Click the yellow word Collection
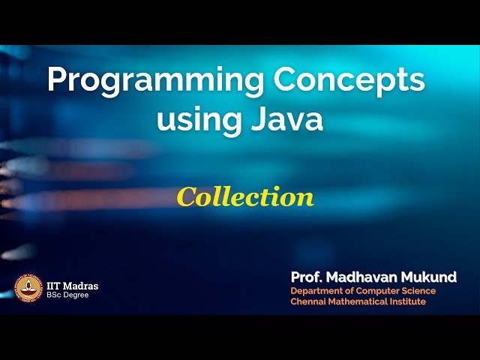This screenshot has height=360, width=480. coord(245,196)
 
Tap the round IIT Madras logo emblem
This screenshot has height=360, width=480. coord(28,289)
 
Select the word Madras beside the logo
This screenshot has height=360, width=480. coord(82,286)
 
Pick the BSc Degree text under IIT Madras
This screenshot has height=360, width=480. coord(67,295)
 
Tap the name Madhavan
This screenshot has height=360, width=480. coord(367,277)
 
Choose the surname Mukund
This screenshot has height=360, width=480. coord(430,277)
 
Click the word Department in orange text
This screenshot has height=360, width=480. coord(317,291)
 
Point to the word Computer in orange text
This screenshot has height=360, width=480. coord(377,291)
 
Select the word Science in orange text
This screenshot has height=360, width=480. coord(418,291)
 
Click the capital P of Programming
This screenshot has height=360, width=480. coord(57,80)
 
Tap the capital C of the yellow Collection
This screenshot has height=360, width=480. coord(186,196)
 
